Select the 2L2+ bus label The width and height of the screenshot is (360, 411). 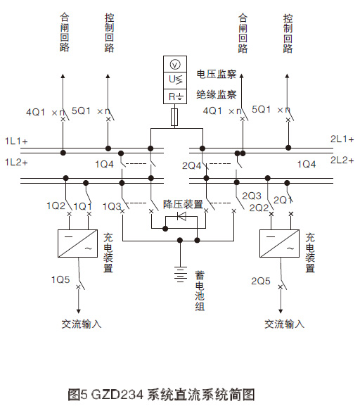tap(342, 160)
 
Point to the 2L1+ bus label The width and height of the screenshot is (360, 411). tap(342, 139)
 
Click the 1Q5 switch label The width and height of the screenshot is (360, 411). tap(60, 279)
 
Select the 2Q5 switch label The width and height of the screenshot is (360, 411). tap(261, 280)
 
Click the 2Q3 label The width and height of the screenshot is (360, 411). tap(251, 195)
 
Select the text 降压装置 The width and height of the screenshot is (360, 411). tap(183, 204)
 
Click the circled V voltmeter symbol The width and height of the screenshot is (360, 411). tap(175, 65)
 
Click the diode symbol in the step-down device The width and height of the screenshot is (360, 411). tap(181, 218)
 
